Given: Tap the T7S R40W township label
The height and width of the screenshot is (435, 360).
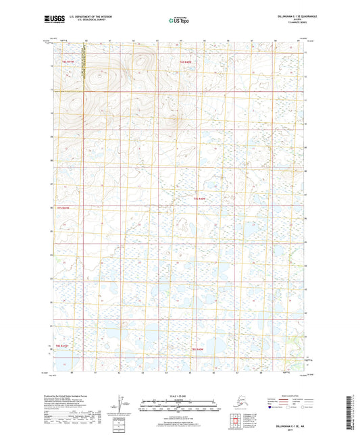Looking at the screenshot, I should [198, 200].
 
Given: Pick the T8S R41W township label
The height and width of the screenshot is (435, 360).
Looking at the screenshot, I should [62, 346].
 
